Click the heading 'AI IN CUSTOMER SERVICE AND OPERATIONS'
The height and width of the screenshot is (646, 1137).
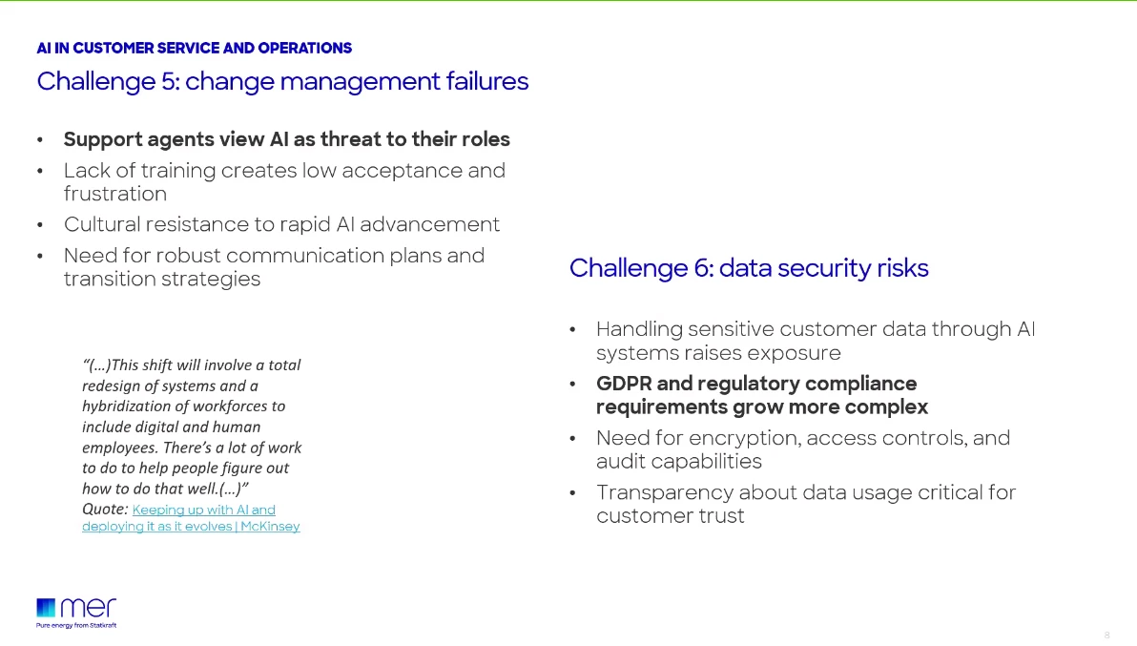click(x=194, y=48)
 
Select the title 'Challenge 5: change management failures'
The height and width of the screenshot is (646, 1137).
click(x=282, y=82)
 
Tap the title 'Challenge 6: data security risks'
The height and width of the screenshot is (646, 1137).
click(x=749, y=268)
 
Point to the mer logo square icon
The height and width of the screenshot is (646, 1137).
click(x=46, y=608)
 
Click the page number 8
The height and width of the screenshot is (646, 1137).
click(x=1106, y=635)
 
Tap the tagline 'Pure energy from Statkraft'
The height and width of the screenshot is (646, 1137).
click(x=76, y=625)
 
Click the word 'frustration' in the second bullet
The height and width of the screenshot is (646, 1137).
click(x=114, y=194)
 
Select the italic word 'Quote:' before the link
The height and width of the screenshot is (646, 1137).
click(x=105, y=510)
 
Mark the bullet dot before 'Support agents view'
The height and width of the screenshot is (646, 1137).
click(x=40, y=140)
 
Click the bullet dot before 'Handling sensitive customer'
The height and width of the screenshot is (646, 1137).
click(x=572, y=330)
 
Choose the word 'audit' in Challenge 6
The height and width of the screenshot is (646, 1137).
click(x=620, y=461)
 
